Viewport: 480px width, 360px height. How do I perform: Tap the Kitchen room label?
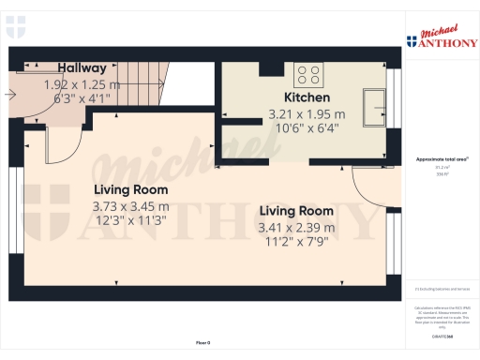pos(307,97)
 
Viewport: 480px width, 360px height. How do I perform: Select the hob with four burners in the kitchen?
pos(308,74)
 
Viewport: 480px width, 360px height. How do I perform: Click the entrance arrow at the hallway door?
pos(11,93)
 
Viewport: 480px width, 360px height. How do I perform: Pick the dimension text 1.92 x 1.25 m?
pos(82,84)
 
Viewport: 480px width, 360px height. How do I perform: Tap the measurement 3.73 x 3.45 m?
pos(130,206)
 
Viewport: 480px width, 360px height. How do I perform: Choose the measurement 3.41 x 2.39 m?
pos(296,227)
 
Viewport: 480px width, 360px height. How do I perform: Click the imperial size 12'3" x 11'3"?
pos(130,221)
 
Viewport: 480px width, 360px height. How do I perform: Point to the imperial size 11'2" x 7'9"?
pos(296,242)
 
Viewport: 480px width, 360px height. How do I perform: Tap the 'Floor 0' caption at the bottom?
pos(202,344)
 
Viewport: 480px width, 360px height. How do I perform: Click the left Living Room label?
pos(130,189)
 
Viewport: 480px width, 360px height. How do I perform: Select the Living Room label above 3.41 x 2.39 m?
pos(296,210)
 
